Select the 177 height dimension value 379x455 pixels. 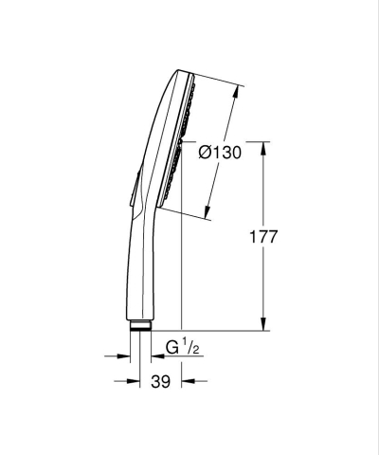[262, 237]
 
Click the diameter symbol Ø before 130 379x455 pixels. [206, 152]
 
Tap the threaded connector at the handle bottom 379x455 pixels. [139, 326]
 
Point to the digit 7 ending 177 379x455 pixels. [272, 237]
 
